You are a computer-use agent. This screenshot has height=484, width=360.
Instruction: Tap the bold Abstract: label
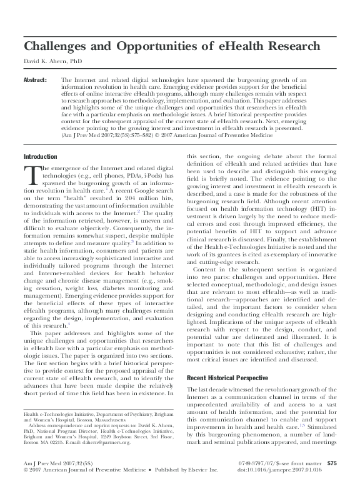click(35, 81)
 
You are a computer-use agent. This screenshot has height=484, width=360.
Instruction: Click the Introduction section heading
click(40, 156)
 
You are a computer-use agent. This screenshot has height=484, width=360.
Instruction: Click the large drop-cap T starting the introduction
click(32, 174)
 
